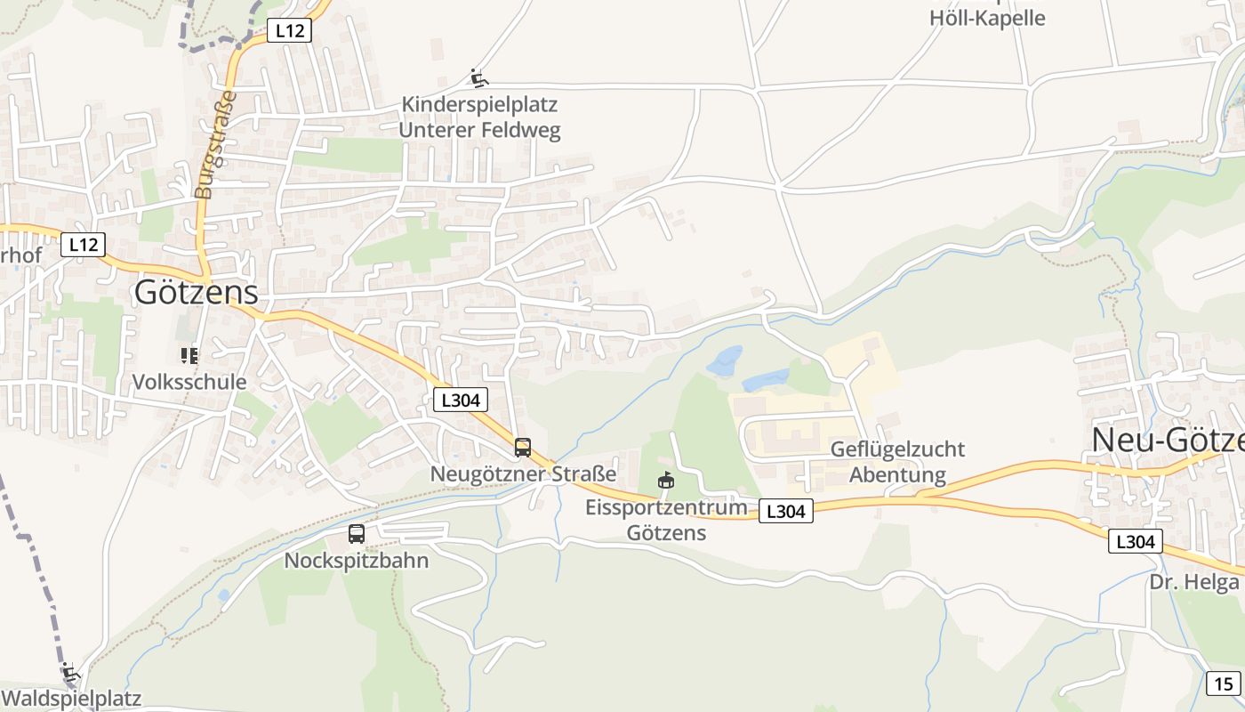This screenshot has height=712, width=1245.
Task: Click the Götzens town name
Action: click(196, 292)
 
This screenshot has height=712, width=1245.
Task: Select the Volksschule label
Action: click(189, 382)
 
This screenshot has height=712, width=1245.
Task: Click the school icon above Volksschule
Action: click(189, 356)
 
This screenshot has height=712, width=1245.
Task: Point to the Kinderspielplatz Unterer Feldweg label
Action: click(479, 117)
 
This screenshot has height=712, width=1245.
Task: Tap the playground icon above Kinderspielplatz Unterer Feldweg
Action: click(479, 79)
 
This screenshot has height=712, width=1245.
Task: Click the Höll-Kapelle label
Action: click(987, 18)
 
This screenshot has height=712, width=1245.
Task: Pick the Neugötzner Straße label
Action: click(523, 473)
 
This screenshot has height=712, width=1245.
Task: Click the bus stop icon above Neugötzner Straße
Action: click(523, 447)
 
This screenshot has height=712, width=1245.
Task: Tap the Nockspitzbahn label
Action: click(357, 561)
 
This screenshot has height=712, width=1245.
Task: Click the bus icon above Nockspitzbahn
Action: click(357, 534)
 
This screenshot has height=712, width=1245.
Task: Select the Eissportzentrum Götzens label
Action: click(666, 520)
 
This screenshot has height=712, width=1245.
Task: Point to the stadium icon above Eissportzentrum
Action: click(665, 481)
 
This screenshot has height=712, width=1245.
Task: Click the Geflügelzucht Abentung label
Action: click(897, 461)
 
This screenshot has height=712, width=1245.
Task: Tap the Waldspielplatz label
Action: click(71, 698)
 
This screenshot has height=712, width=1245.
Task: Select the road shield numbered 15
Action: click(1223, 684)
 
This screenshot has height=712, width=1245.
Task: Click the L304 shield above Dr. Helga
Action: click(1135, 540)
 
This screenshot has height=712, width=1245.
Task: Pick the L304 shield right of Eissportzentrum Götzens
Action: click(786, 511)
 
